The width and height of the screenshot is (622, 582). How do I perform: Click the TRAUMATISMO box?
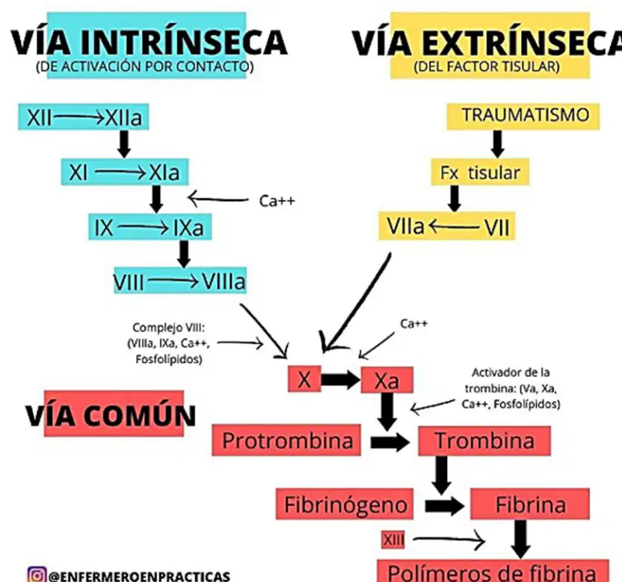point(523,116)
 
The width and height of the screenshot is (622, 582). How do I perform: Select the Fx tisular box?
point(480,172)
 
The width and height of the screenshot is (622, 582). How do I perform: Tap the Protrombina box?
point(286,440)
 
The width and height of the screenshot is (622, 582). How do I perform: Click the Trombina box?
point(484,441)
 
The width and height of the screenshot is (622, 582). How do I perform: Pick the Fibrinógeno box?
point(345,504)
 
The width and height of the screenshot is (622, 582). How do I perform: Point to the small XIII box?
point(392,540)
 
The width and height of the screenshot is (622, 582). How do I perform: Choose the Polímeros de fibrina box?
point(493,571)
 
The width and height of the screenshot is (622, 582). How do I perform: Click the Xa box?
point(387,380)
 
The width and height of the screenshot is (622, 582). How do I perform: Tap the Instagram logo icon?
point(37,575)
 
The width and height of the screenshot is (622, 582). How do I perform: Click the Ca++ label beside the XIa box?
point(277,200)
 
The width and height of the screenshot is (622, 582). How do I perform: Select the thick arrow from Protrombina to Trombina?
point(390,441)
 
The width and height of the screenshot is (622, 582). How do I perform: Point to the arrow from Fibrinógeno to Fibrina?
point(444,506)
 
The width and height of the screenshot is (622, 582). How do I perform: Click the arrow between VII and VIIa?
point(455,227)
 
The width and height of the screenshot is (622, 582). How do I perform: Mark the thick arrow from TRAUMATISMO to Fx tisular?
point(497,144)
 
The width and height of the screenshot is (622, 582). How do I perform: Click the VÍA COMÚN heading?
point(111,415)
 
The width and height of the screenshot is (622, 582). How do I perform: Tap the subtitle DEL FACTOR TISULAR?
point(487,67)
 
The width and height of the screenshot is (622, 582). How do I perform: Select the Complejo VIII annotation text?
point(169,343)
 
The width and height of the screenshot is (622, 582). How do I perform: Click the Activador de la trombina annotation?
point(511,388)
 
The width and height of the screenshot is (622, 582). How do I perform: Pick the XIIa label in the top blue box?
point(123,117)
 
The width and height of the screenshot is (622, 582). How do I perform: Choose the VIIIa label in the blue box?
point(224,281)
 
